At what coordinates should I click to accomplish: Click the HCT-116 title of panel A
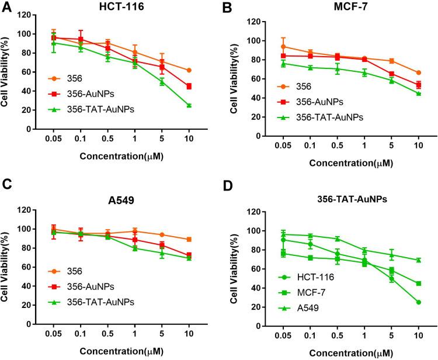tap(113, 6)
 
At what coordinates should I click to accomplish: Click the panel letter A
tap(5, 6)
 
